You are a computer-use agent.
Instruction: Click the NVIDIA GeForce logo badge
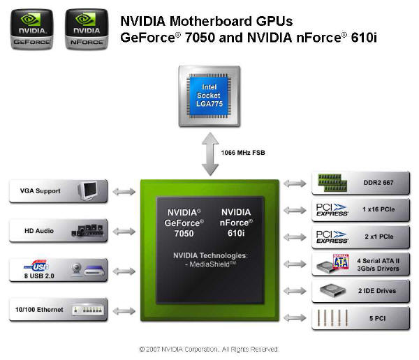pyautogui.click(x=32, y=29)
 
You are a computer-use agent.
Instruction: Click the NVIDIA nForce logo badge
pyautogui.click(x=87, y=29)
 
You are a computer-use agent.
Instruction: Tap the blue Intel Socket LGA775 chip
pyautogui.click(x=209, y=96)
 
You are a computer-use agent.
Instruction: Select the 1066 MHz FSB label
pyautogui.click(x=243, y=153)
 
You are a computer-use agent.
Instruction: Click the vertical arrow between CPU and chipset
pyautogui.click(x=210, y=154)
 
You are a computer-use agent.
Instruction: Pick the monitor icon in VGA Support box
pyautogui.click(x=88, y=190)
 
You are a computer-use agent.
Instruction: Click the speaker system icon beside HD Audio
pyautogui.click(x=87, y=230)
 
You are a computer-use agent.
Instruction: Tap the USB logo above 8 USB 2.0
pyautogui.click(x=36, y=265)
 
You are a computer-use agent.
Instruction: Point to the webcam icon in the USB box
pyautogui.click(x=77, y=269)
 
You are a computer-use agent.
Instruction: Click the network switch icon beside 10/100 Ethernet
pyautogui.click(x=87, y=310)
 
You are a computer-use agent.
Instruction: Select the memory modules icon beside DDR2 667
pyautogui.click(x=332, y=183)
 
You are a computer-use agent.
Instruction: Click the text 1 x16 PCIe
pyautogui.click(x=378, y=209)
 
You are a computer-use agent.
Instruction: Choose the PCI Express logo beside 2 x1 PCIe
pyautogui.click(x=332, y=237)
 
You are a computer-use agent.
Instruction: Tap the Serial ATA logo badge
pyautogui.click(x=341, y=262)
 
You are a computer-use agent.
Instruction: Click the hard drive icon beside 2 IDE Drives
pyautogui.click(x=332, y=290)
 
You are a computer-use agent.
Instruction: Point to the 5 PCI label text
pyautogui.click(x=377, y=318)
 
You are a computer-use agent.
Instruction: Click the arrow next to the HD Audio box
pyautogui.click(x=124, y=231)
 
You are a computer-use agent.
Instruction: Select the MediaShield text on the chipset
pyautogui.click(x=211, y=264)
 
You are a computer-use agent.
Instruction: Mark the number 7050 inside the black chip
pyautogui.click(x=184, y=234)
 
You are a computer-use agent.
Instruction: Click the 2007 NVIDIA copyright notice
pyautogui.click(x=209, y=350)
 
